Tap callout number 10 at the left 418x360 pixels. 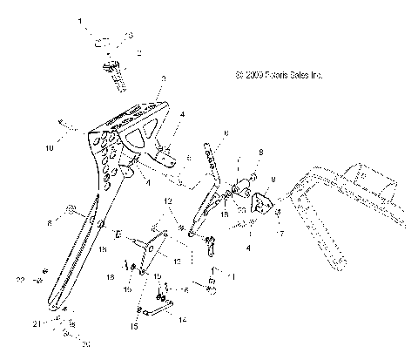click(48, 148)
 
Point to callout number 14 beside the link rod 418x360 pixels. click(181, 320)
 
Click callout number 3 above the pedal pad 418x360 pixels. click(163, 78)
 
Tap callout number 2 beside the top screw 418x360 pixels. click(138, 53)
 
